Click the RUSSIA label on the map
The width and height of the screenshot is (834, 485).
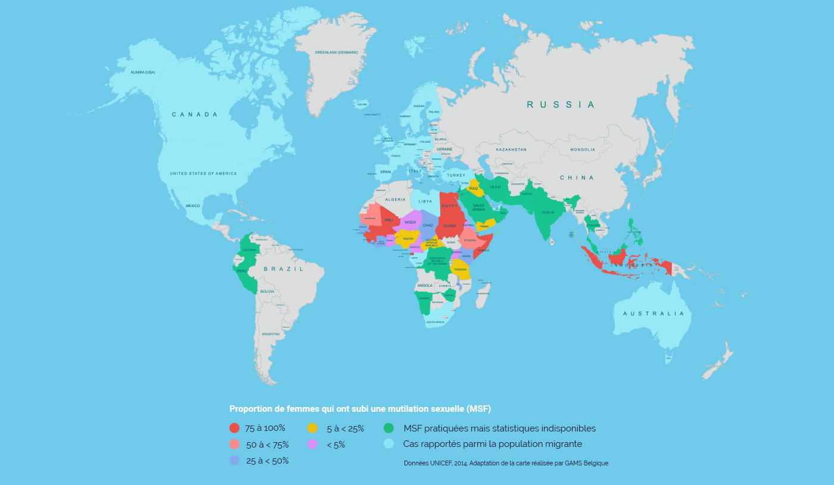click(560, 105)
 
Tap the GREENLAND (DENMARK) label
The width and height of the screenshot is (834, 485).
click(337, 52)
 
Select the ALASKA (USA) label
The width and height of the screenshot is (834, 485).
click(142, 73)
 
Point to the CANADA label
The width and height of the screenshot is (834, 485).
click(195, 114)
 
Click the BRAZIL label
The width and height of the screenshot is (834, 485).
click(284, 269)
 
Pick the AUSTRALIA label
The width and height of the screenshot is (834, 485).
click(653, 314)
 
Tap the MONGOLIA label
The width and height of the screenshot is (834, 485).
click(582, 150)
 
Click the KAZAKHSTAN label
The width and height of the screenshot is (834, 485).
click(511, 150)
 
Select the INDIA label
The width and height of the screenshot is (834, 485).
click(547, 212)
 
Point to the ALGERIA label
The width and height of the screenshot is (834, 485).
click(395, 199)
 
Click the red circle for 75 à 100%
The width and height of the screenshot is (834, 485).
click(235, 428)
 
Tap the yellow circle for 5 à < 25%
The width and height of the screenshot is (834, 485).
click(312, 428)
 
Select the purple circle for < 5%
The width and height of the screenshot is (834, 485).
click(312, 444)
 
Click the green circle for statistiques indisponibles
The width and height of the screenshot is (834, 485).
click(389, 428)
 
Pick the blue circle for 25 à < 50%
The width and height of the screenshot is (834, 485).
click(235, 460)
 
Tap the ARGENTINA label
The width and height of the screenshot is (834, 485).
click(270, 334)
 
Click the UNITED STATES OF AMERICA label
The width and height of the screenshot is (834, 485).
click(203, 174)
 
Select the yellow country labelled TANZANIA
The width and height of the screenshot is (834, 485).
click(460, 269)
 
